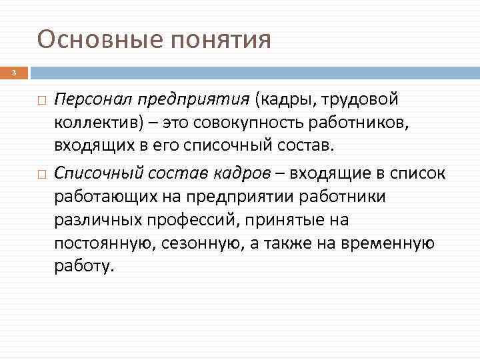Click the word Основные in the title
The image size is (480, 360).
click(x=100, y=40)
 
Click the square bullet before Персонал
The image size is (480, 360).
click(x=41, y=101)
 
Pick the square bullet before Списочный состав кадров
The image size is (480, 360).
click(x=41, y=174)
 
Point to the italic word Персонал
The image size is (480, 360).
click(x=93, y=100)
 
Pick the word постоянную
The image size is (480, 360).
click(x=107, y=244)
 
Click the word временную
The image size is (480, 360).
click(x=388, y=244)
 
